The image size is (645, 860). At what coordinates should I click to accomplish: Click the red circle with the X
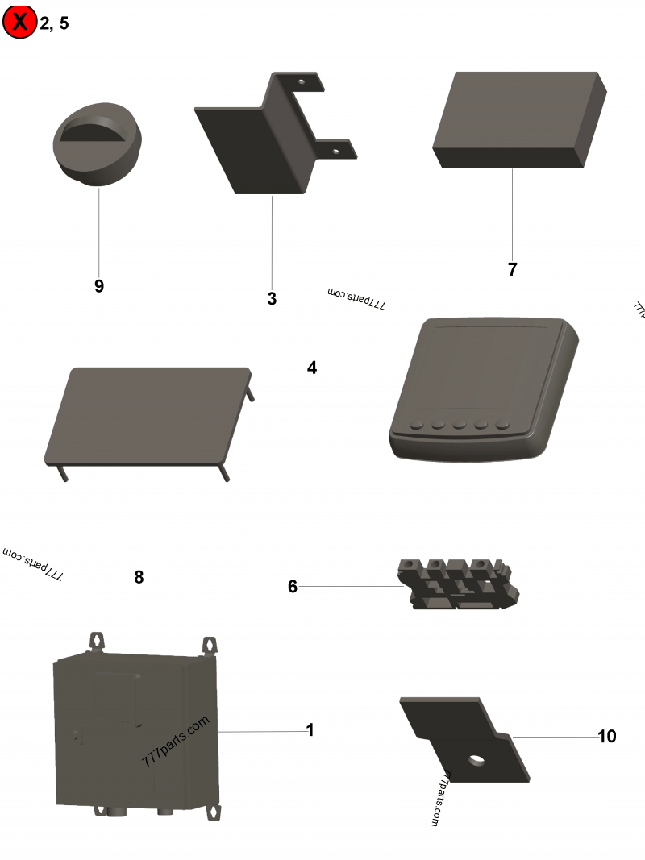(x=19, y=22)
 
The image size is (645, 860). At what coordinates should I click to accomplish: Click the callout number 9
(x=99, y=286)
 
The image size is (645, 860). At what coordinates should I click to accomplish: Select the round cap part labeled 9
(x=98, y=145)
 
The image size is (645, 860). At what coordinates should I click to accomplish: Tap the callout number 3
(x=272, y=299)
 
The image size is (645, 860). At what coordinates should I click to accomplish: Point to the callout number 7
(x=512, y=270)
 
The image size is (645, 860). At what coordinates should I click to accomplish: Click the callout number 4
(x=312, y=368)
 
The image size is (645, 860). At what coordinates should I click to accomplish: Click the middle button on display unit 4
(x=460, y=424)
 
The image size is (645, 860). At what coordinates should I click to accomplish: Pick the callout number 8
(x=139, y=577)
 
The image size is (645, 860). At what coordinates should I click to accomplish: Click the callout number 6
(x=293, y=587)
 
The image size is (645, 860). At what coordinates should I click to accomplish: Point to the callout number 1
(x=310, y=730)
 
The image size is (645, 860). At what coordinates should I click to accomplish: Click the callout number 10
(x=606, y=736)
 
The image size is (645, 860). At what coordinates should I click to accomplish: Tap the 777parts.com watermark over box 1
(x=175, y=742)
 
